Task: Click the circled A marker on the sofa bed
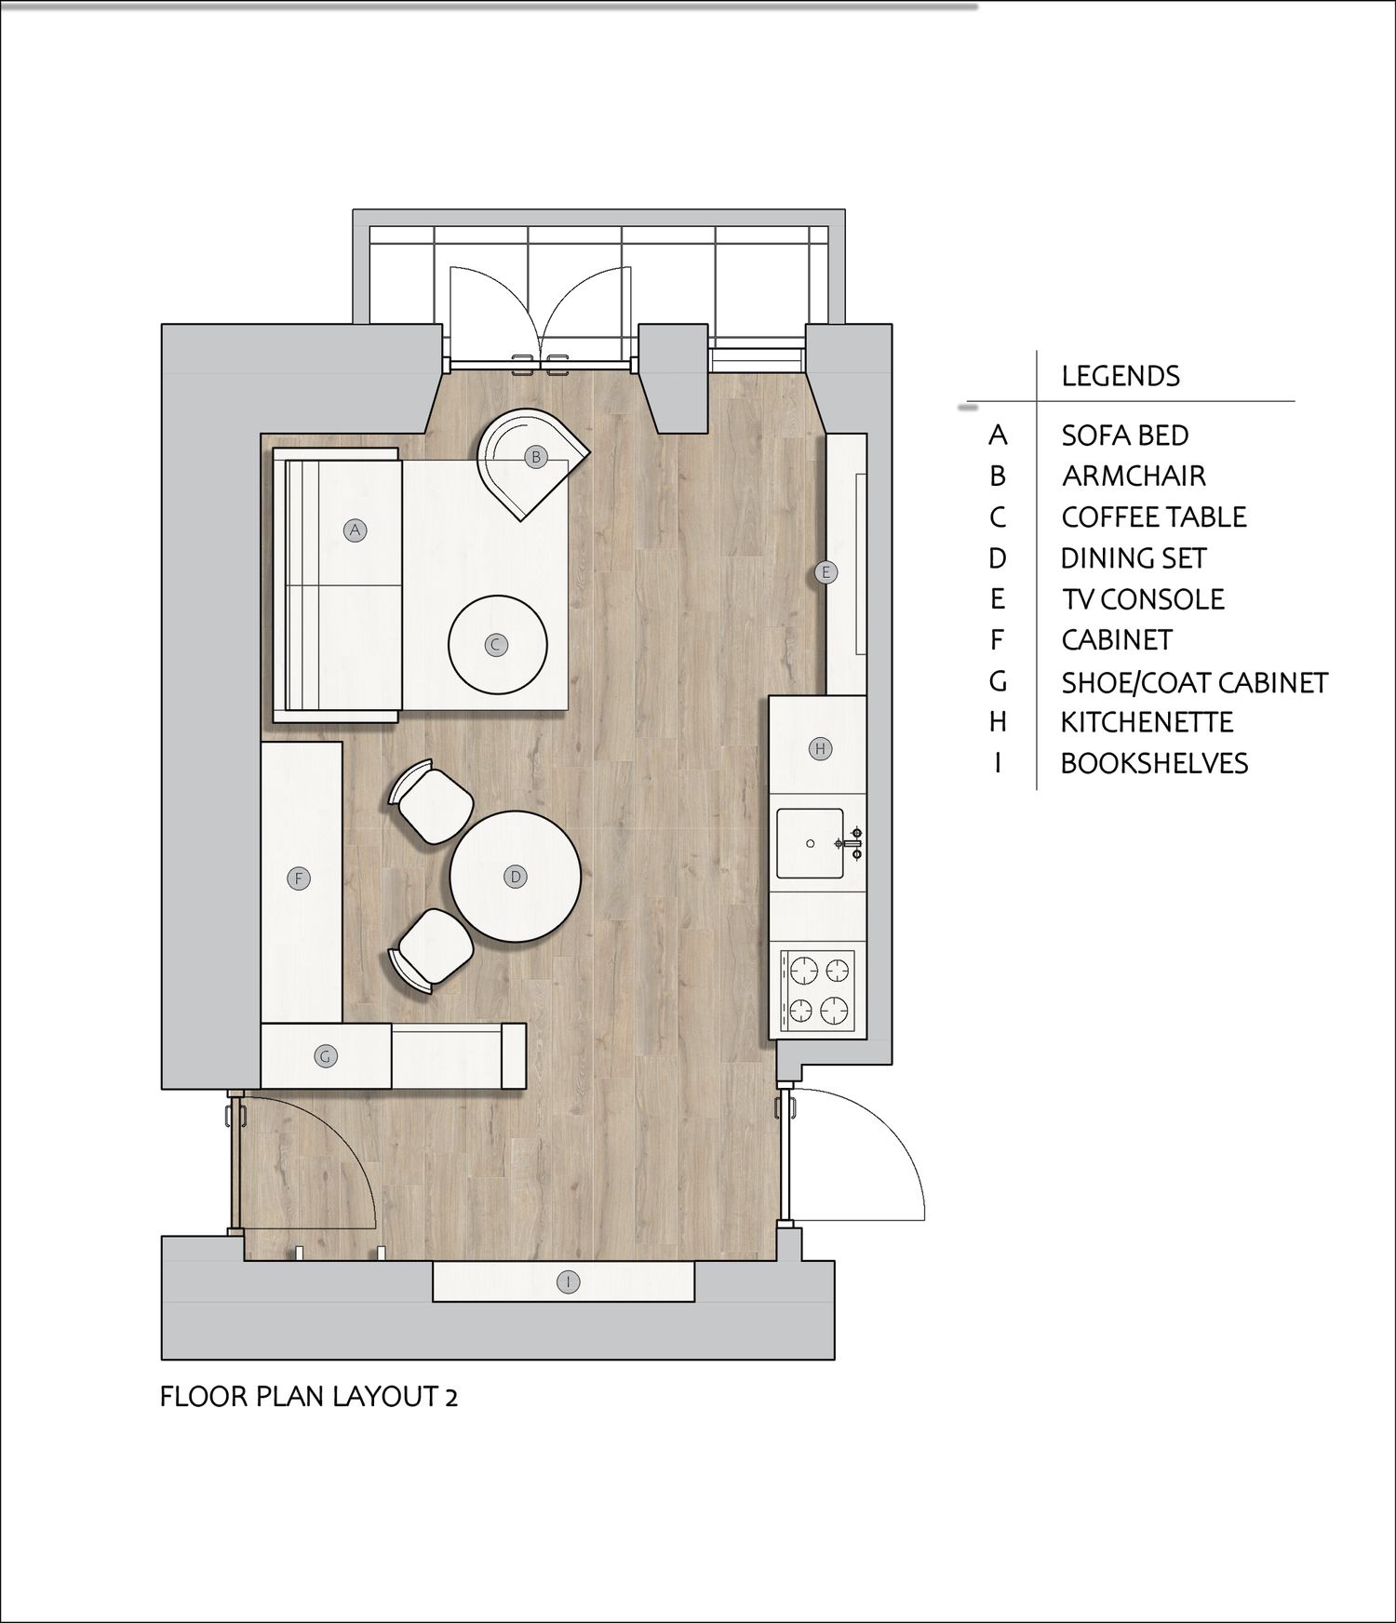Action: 354,530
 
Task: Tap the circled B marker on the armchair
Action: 535,457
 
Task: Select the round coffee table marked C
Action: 497,645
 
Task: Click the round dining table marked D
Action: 516,877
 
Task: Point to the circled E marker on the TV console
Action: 825,572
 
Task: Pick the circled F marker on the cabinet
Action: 299,878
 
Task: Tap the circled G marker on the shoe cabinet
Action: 325,1056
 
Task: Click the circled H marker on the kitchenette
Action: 820,748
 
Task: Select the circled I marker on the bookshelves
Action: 568,1281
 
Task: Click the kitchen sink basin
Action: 811,843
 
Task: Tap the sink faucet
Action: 852,843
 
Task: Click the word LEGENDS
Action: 1121,376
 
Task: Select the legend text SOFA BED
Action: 1125,436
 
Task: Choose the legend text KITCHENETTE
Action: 1148,722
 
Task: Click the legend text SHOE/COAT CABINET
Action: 1195,682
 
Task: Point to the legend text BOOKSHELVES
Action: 1154,763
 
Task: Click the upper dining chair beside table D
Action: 434,800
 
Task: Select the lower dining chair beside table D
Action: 432,949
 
